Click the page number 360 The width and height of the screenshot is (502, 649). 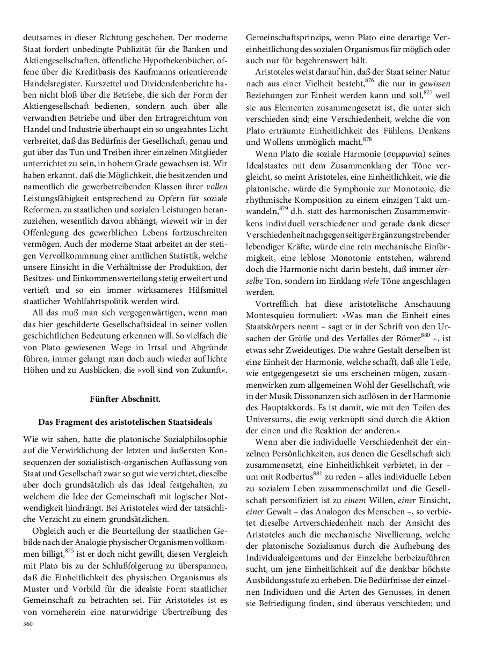coord(28,624)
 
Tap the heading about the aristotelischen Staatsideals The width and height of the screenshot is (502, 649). coord(125,422)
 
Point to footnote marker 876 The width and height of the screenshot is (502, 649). coord(369,80)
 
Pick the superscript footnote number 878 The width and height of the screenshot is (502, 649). coord(367,139)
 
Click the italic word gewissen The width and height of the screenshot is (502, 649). coord(435,84)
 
